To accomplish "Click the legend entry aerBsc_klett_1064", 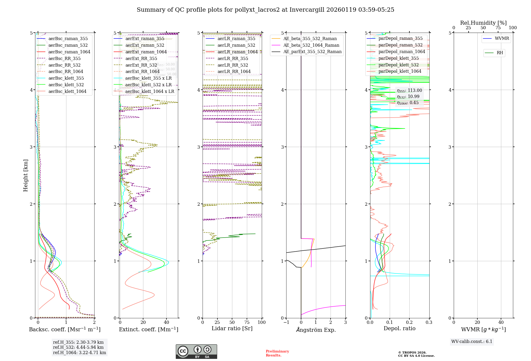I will tap(67, 92).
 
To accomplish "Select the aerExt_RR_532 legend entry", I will tap(141, 65).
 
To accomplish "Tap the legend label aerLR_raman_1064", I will tap(237, 52).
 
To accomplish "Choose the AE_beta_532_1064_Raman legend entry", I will tap(311, 45).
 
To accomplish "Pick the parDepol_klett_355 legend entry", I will tap(399, 58).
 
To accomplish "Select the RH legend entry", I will tap(500, 53).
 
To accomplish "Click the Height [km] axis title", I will tap(25, 175).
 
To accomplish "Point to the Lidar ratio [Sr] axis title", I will tap(232, 329).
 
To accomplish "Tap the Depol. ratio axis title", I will tap(399, 329).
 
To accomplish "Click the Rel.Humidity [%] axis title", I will tap(483, 23).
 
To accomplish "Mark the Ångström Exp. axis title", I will tap(316, 330).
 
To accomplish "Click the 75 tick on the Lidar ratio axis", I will tap(247, 323).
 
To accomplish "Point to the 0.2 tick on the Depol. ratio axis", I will tap(409, 323).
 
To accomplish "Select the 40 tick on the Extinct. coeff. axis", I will tap(166, 323).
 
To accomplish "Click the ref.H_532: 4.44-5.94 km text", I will tap(78, 347).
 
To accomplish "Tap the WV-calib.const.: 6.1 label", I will tap(472, 342).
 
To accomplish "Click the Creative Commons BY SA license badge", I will tap(196, 352).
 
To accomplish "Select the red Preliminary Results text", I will tap(277, 353).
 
